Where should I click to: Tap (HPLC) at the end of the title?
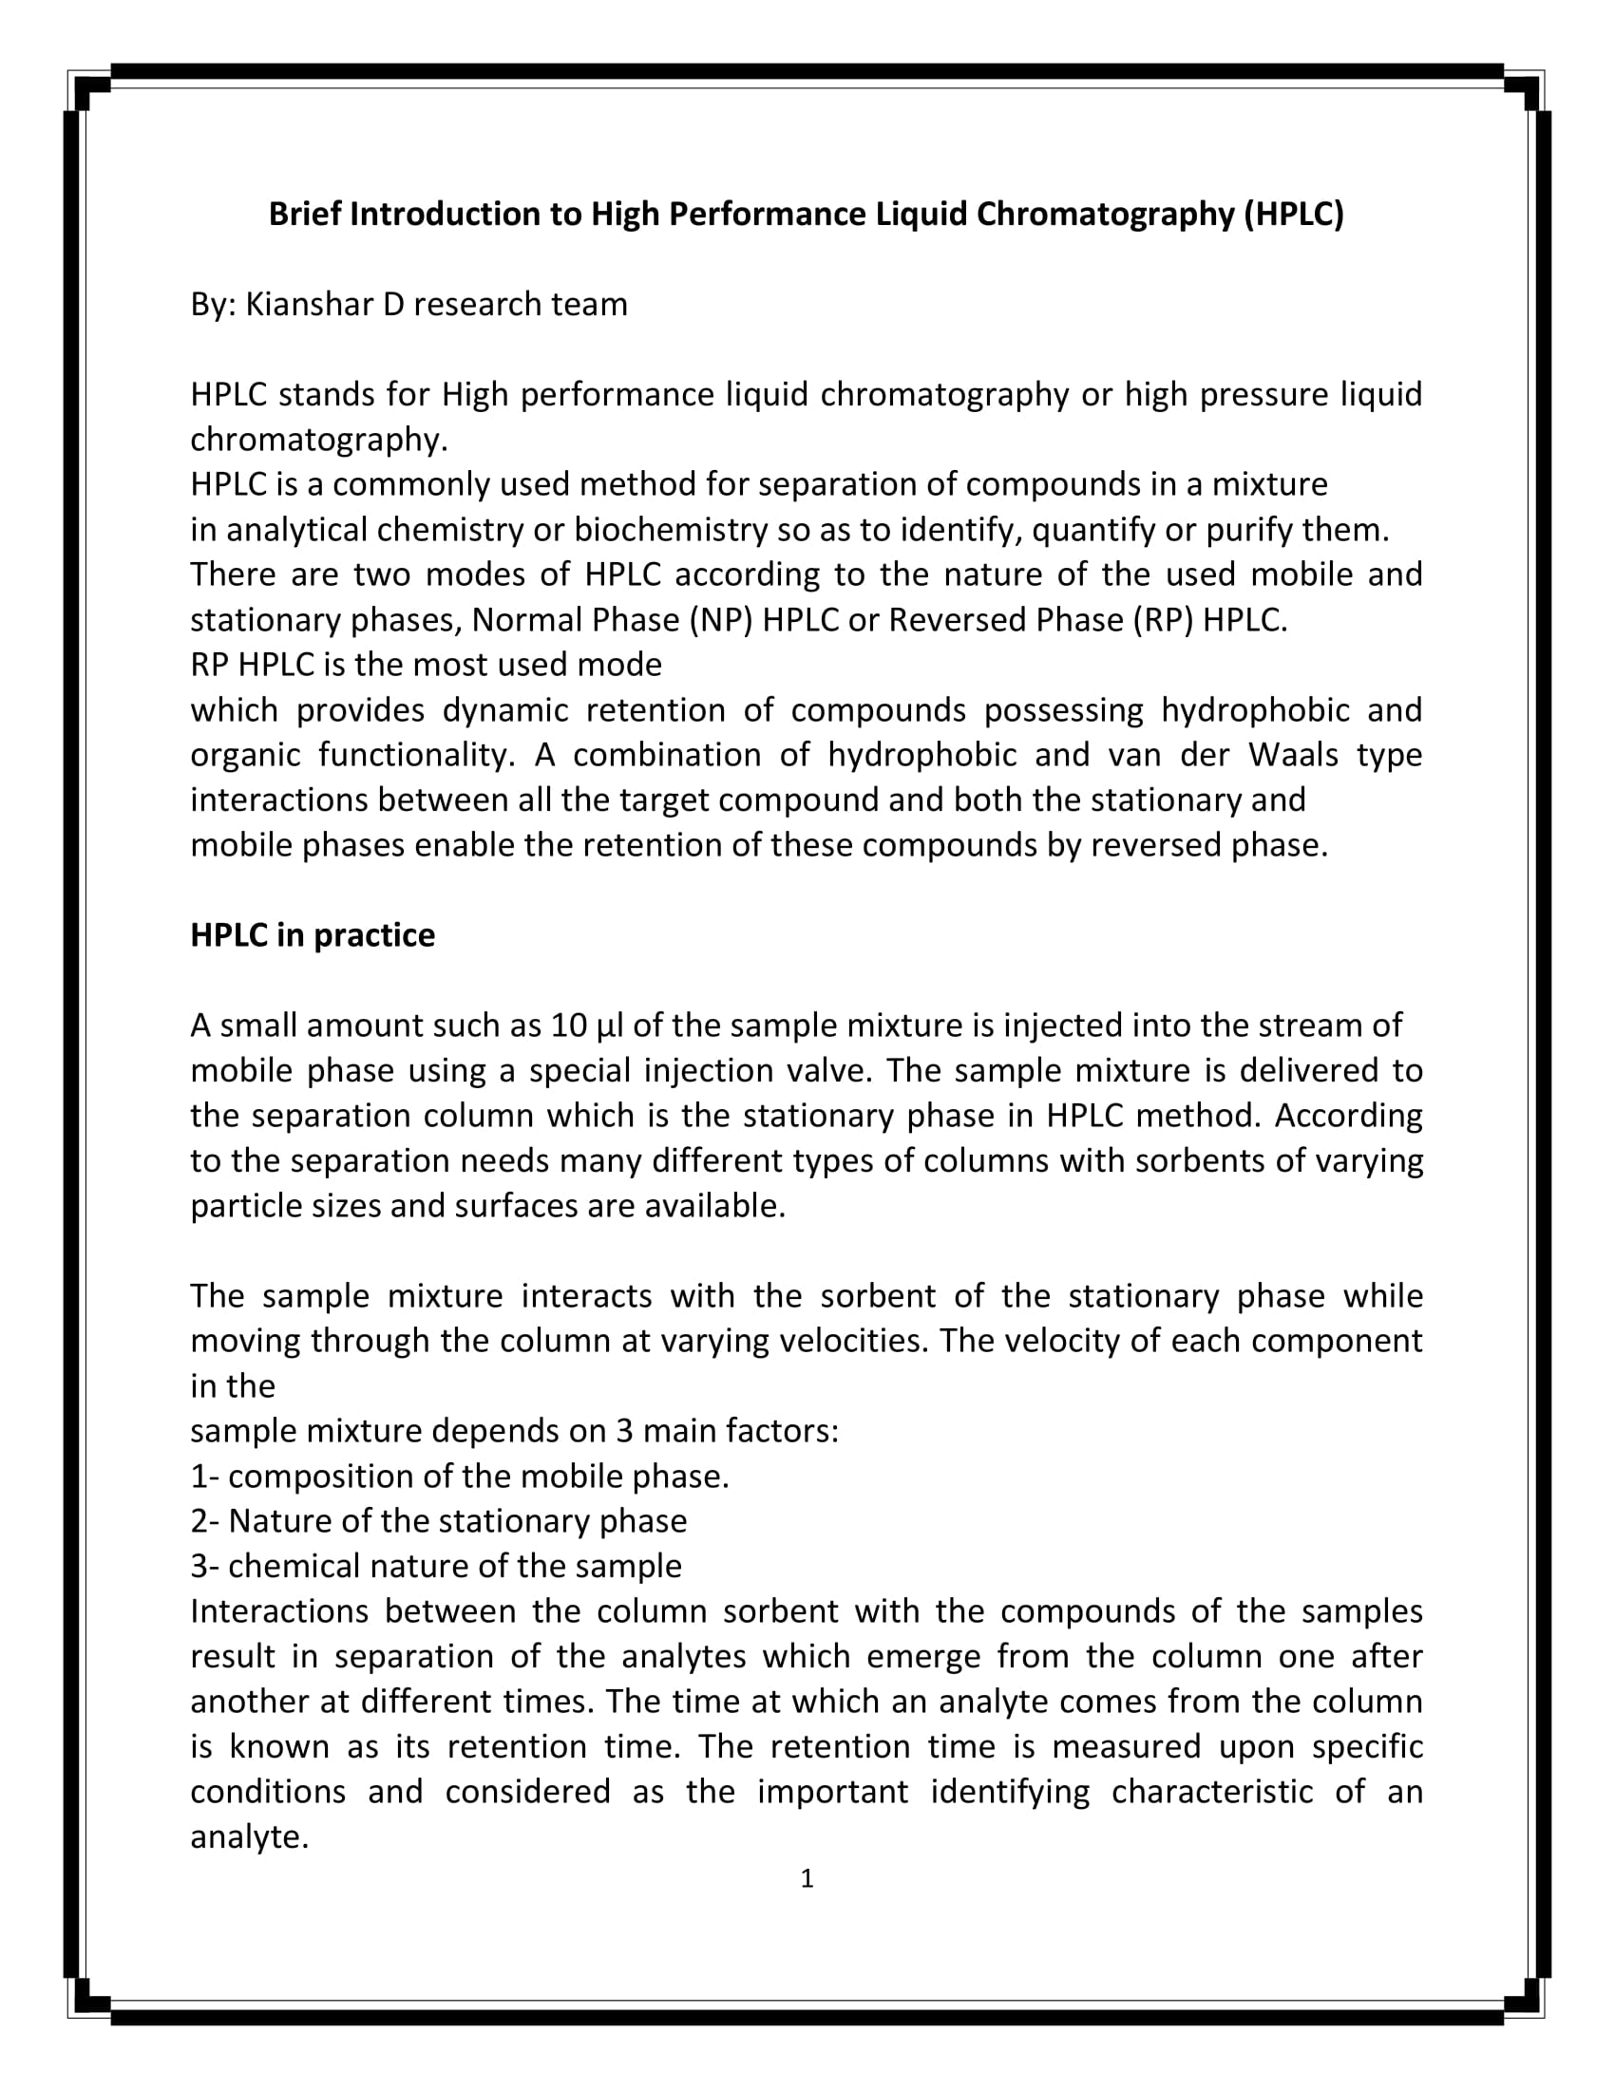(1294, 214)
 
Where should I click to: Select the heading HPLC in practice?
(312, 934)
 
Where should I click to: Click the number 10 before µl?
(568, 1026)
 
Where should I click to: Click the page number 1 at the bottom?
(807, 1878)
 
